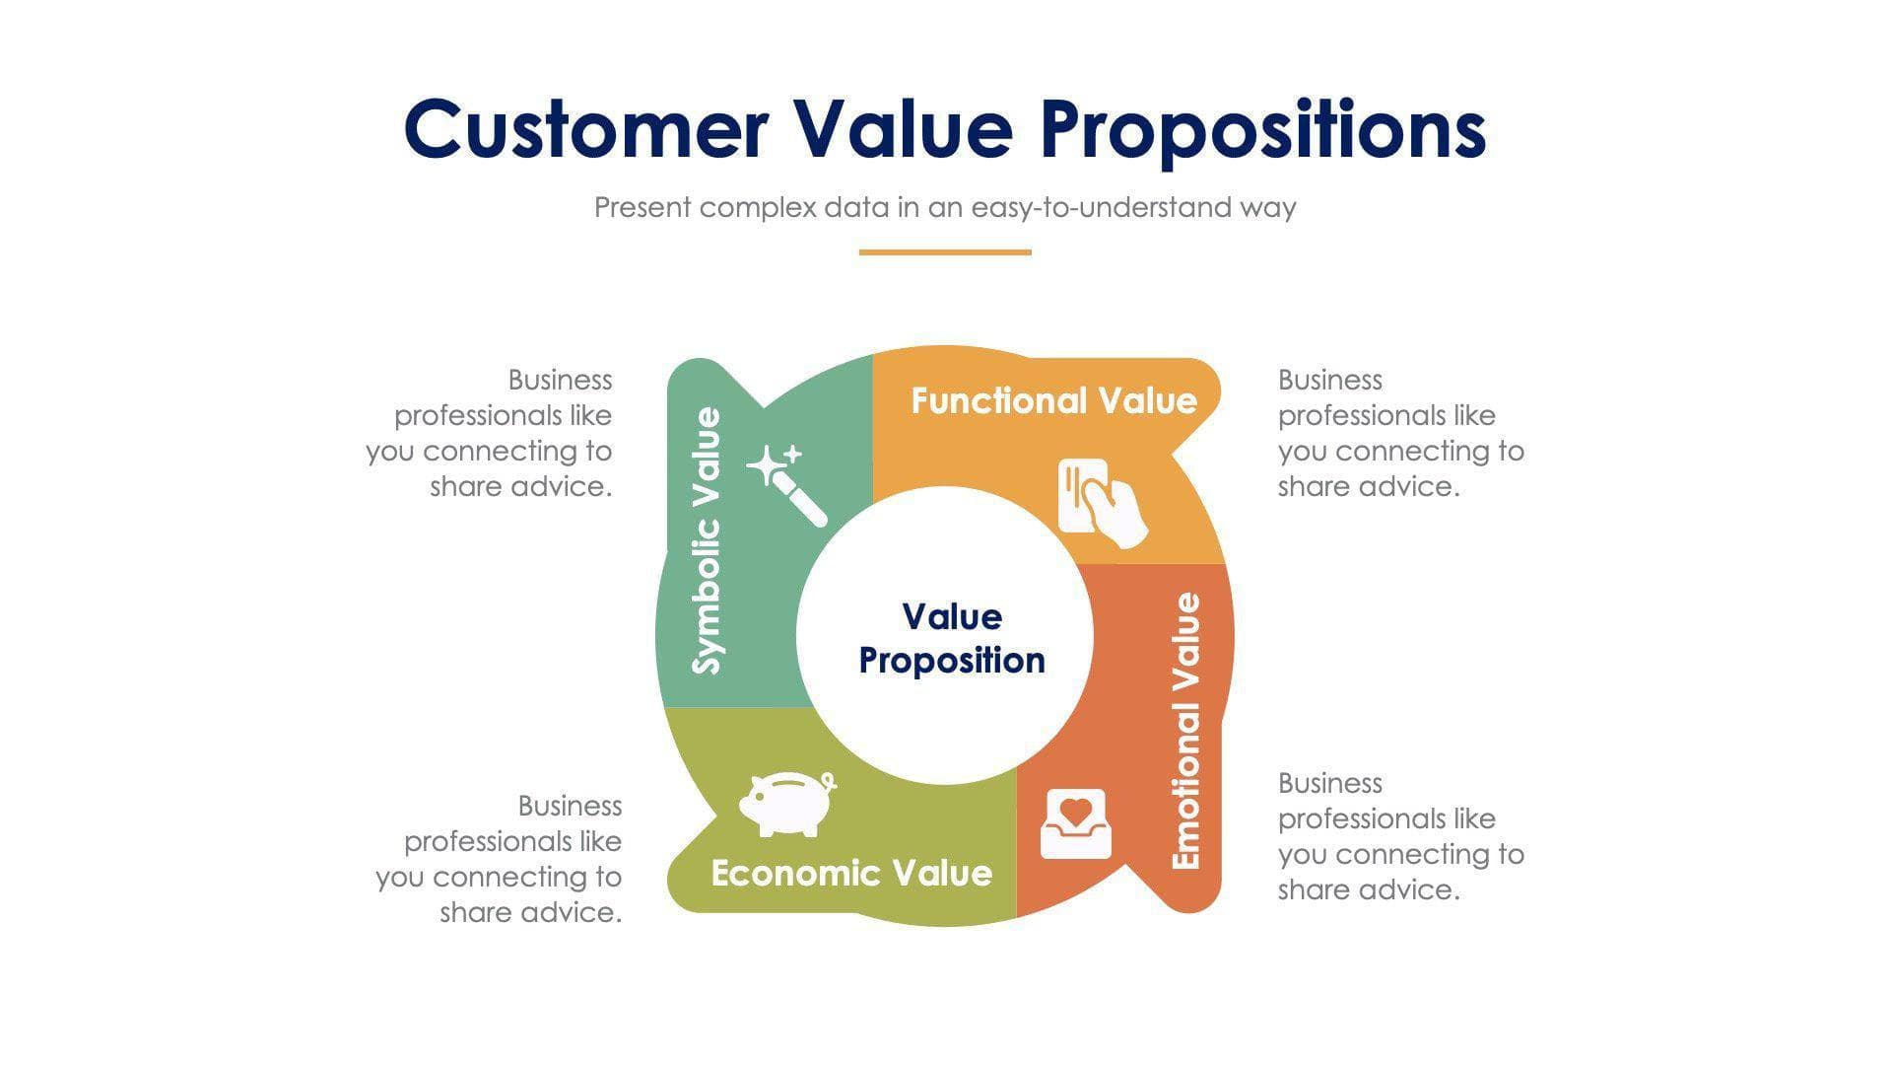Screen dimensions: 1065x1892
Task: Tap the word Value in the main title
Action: click(x=904, y=129)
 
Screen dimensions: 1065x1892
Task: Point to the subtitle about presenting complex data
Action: click(x=944, y=207)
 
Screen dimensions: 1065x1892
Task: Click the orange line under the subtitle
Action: click(x=944, y=252)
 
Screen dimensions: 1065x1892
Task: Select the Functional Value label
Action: click(x=1053, y=400)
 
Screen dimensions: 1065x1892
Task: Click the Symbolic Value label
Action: click(x=707, y=540)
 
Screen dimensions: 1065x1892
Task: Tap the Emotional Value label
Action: click(x=1185, y=731)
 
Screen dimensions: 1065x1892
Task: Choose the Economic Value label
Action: click(x=851, y=873)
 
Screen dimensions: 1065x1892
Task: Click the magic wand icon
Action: click(x=787, y=485)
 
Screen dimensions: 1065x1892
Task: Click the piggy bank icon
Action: click(x=786, y=804)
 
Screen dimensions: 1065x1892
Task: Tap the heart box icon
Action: click(x=1075, y=823)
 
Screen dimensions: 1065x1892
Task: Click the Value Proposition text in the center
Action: click(x=951, y=638)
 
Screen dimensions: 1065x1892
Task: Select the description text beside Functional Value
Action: click(x=1399, y=433)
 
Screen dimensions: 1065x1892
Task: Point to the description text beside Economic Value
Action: click(x=501, y=859)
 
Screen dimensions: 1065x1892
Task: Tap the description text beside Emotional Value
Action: click(x=1399, y=836)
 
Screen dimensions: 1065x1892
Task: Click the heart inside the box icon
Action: click(x=1075, y=812)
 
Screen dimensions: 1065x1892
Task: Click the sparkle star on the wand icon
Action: click(x=766, y=465)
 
